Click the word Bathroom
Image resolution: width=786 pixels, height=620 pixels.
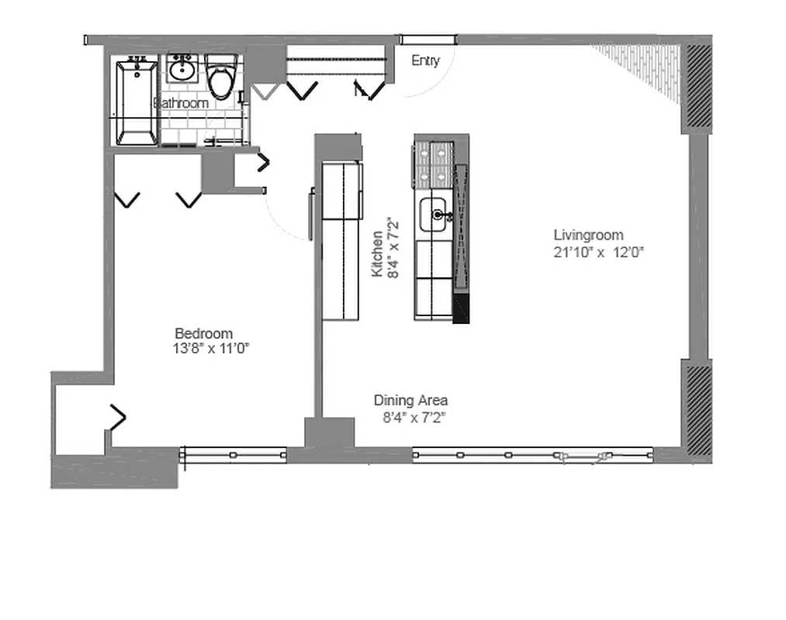182,103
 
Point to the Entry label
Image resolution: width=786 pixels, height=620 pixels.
425,60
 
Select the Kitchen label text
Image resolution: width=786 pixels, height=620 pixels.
377,253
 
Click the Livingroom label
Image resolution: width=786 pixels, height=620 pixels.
588,235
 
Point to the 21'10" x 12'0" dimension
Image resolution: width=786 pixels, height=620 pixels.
599,252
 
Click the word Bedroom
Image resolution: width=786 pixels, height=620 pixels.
203,333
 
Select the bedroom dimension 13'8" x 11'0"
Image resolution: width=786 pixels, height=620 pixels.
210,349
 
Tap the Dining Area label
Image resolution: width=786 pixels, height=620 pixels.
410,401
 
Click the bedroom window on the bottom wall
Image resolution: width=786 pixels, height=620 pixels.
234,455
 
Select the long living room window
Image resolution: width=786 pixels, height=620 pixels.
532,456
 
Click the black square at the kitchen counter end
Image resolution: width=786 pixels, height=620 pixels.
460,308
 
